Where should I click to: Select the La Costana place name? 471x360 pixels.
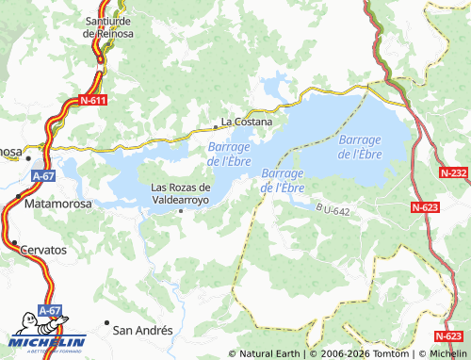246,122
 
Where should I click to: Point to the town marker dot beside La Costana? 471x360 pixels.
214,122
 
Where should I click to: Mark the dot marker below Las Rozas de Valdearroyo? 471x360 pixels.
182,211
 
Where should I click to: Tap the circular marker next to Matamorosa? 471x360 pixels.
19,196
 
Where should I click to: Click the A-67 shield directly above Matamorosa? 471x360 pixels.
43,175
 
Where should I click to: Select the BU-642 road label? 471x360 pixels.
333,210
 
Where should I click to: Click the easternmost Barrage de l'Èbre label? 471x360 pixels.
359,147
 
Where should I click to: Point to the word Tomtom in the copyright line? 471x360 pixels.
388,353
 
